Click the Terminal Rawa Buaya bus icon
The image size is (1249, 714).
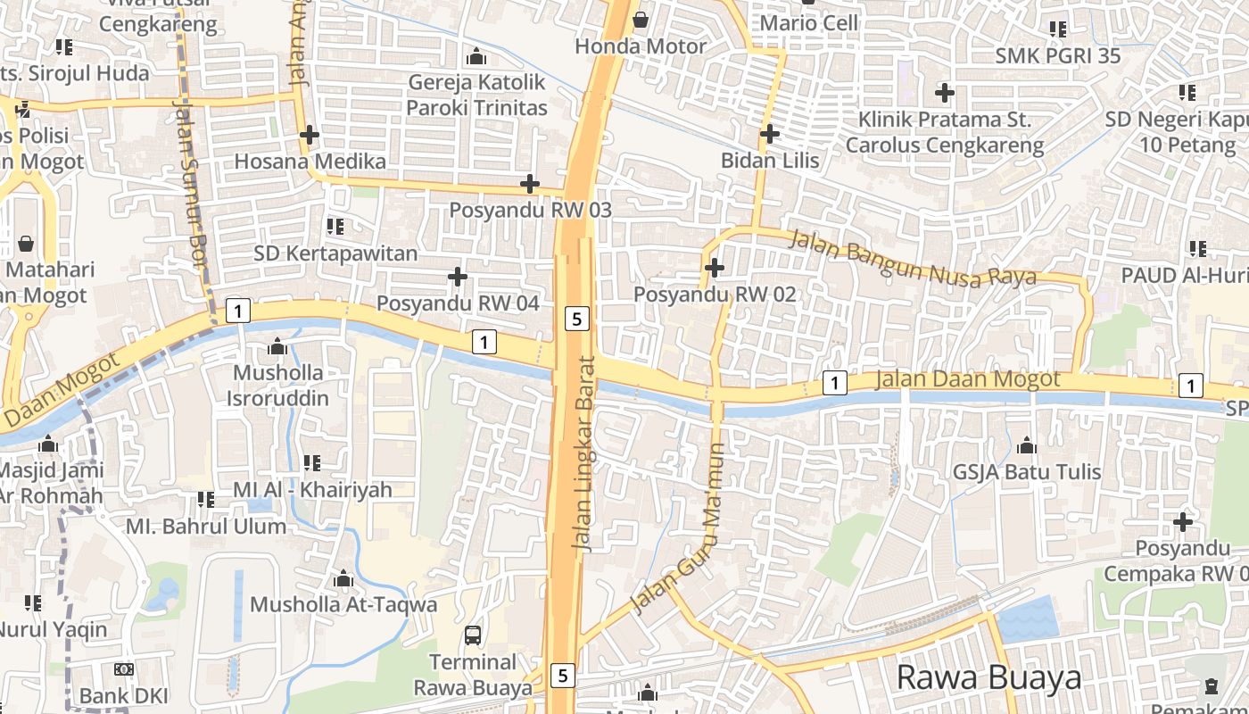473,635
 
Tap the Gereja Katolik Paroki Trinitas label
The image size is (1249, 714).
476,95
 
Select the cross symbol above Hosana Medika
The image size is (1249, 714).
310,136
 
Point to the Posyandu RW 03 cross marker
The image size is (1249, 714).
530,185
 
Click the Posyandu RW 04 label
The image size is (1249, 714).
458,303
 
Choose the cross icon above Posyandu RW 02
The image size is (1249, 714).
714,267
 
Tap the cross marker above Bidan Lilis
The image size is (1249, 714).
769,135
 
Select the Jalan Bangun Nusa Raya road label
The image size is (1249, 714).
914,257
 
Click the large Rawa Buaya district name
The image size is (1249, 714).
988,677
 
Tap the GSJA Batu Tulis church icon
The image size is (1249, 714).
1027,445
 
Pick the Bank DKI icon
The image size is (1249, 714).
124,669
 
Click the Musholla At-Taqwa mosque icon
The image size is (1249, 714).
343,579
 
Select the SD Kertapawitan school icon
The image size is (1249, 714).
335,227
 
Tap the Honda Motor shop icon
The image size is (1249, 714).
641,20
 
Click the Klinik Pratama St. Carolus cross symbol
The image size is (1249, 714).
944,92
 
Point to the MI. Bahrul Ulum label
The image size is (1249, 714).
206,526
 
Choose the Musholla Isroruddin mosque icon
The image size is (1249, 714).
277,346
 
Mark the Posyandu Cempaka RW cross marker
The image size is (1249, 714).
1183,521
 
